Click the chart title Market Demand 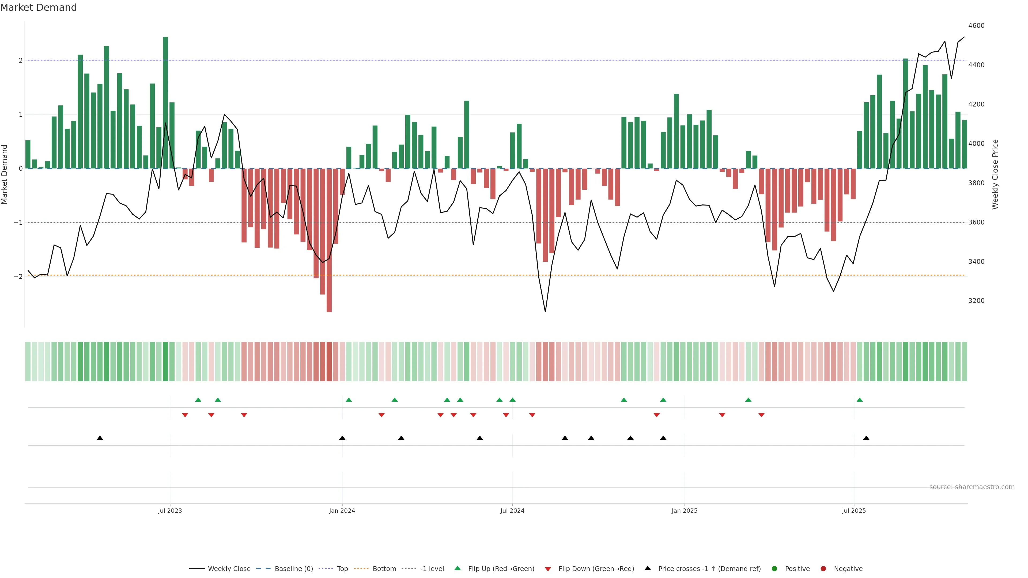point(38,7)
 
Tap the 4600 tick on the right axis point(976,25)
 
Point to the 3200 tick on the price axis point(976,301)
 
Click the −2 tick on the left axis point(18,276)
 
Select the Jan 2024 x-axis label point(342,511)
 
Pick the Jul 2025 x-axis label point(854,511)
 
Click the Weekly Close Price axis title point(995,174)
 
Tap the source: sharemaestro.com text point(972,487)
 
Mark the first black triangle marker point(100,438)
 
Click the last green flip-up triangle point(860,400)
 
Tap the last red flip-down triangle point(761,415)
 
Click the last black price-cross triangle point(866,438)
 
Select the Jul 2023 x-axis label point(170,511)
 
